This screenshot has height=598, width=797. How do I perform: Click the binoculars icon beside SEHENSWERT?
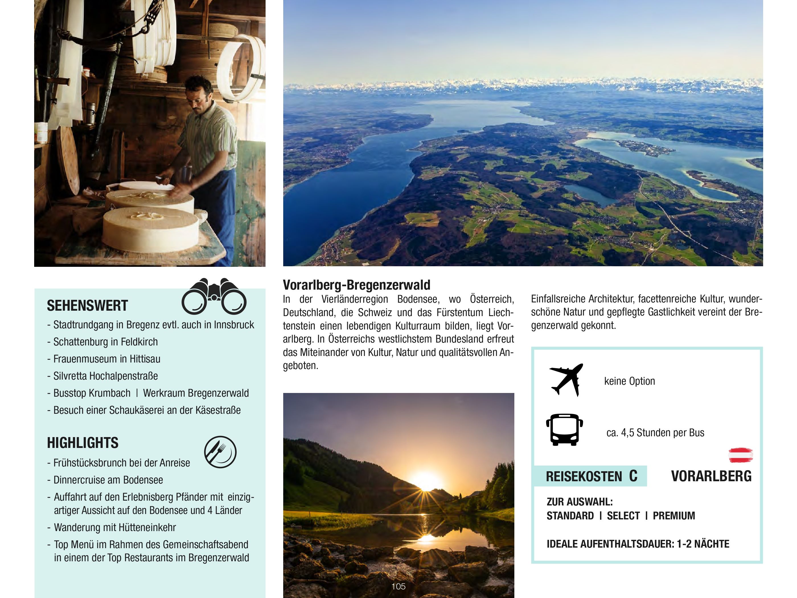214,296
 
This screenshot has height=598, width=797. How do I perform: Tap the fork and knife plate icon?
220,452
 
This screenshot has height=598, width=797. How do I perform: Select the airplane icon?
566,380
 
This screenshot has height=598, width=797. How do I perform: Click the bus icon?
564,430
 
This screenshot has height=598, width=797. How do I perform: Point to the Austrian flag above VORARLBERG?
740,455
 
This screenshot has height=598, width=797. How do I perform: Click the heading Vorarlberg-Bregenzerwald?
356,285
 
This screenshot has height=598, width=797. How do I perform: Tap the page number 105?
398,586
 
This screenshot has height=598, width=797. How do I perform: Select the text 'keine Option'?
629,381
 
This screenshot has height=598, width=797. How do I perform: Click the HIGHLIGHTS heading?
83,443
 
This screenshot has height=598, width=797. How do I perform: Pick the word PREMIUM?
673,516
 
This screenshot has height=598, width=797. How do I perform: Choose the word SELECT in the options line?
623,516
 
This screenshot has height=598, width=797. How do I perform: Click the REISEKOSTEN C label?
591,476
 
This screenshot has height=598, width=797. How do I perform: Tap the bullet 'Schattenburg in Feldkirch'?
105,342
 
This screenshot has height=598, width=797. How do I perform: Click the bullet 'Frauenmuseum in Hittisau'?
107,359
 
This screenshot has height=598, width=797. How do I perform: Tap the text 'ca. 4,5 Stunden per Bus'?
655,433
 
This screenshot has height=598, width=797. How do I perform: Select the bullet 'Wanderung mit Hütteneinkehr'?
115,527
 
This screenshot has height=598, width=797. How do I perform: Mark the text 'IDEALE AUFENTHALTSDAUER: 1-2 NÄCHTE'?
638,544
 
